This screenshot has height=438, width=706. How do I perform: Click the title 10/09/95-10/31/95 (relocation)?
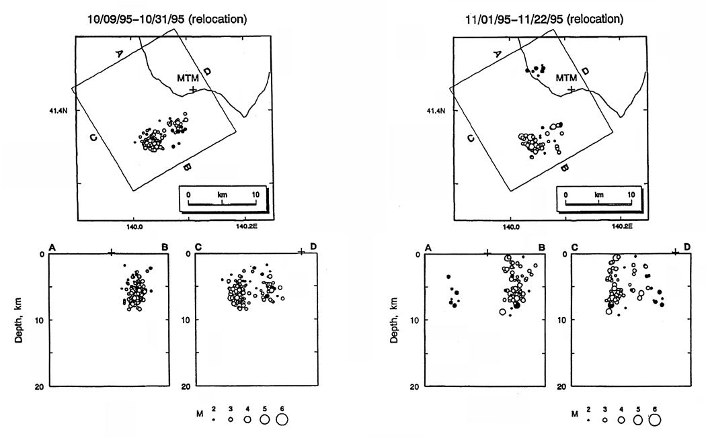click(167, 19)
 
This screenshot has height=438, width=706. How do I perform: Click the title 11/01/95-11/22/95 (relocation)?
click(545, 19)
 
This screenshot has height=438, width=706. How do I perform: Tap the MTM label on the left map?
click(188, 78)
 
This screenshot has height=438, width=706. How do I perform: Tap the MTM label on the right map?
click(566, 78)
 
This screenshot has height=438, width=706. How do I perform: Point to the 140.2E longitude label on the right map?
click(622, 226)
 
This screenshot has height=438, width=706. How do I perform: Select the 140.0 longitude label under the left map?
click(134, 226)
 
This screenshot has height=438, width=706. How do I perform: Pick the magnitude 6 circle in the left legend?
click(282, 419)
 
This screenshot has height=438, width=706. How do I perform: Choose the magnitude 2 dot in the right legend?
click(588, 420)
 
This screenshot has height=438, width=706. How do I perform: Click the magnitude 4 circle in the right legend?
click(621, 420)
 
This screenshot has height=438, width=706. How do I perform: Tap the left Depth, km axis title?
click(18, 320)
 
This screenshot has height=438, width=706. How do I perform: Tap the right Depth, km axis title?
click(394, 320)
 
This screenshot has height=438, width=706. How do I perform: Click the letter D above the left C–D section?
click(313, 247)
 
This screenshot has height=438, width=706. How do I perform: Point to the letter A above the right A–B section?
click(428, 248)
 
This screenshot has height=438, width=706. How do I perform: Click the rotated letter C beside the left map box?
click(93, 138)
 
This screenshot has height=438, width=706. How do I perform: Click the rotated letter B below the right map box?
click(565, 168)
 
